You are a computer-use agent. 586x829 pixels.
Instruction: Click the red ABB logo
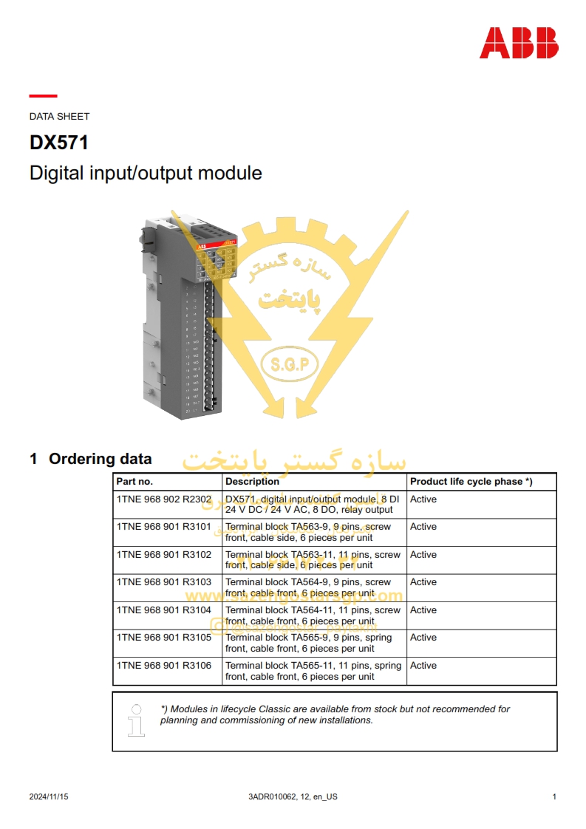point(519,43)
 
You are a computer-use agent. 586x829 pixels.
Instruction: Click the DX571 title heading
point(59,143)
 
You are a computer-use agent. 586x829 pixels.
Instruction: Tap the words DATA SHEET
point(59,116)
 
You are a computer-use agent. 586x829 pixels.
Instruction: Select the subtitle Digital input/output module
point(146,173)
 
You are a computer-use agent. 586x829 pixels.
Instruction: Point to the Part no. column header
point(134,482)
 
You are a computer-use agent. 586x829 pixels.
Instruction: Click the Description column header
point(252,482)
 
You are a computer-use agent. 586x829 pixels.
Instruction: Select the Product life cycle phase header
point(471,482)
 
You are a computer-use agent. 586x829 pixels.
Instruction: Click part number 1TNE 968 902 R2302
point(163,499)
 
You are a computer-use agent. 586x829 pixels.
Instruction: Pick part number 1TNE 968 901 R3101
point(163,527)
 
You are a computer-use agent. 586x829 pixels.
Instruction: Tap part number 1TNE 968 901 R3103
point(163,582)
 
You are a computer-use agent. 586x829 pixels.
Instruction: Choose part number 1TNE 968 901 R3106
point(163,666)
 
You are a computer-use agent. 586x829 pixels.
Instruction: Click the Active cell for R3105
point(423,638)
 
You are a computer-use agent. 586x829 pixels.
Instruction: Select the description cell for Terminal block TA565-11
point(313,671)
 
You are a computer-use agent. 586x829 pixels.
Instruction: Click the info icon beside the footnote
point(136,720)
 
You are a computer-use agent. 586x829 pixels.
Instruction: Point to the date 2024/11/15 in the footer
point(49,796)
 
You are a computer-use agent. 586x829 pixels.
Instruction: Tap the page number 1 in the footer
point(554,796)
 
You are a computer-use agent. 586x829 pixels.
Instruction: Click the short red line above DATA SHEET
point(43,96)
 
